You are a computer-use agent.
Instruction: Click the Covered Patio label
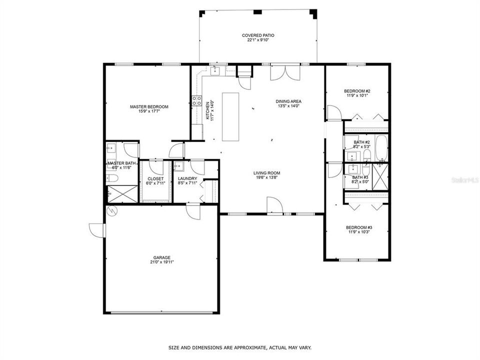[258, 35]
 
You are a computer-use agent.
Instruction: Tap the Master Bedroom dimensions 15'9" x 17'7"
[149, 111]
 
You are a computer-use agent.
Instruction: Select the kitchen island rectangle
[231, 116]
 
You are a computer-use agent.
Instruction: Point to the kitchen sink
[215, 71]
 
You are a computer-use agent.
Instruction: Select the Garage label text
[161, 257]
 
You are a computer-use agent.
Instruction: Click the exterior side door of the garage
[96, 230]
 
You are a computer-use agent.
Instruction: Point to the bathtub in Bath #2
[381, 145]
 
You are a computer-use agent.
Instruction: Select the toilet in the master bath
[112, 178]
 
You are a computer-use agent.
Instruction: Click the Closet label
[155, 178]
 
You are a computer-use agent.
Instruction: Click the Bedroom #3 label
[359, 227]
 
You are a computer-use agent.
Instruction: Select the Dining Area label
[288, 101]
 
